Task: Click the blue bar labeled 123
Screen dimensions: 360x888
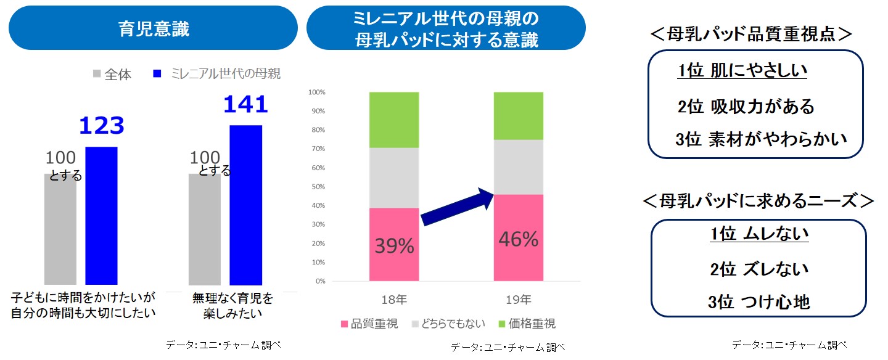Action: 101,216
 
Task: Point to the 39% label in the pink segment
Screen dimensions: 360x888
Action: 394,246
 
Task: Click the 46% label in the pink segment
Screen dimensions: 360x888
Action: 518,239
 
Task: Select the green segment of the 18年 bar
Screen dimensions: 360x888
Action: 394,120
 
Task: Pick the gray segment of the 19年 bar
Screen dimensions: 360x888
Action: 518,167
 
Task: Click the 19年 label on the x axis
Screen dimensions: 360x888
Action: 518,300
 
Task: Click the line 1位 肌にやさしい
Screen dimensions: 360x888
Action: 742,72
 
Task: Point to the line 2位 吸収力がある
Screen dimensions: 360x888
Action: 746,107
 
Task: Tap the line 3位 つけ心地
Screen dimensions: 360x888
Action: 758,302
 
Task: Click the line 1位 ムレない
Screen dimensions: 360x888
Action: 758,234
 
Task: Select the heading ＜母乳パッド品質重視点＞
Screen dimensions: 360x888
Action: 751,34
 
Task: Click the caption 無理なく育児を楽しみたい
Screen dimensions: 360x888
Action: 232,306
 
